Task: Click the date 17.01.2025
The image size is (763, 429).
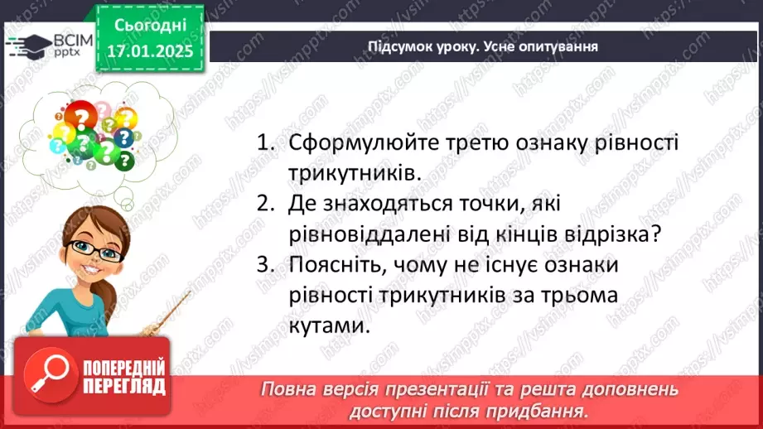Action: coord(149,50)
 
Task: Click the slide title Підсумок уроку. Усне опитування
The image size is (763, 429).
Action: coord(483,46)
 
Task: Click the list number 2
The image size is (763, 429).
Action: coord(264,204)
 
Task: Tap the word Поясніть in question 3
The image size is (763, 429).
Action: coord(331,265)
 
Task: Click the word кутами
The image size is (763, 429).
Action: coord(327,325)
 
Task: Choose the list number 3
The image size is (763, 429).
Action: coord(264,265)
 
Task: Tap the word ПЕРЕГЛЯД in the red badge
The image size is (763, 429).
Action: coord(124,385)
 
